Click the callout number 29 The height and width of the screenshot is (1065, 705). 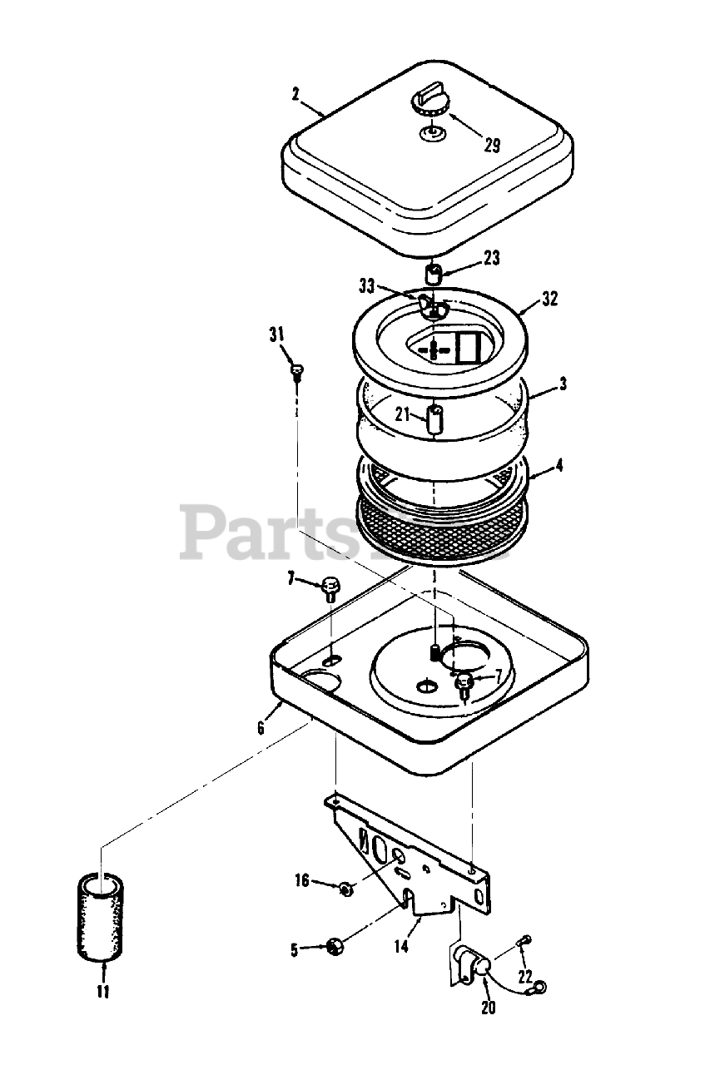(492, 146)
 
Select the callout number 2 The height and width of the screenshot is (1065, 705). (296, 93)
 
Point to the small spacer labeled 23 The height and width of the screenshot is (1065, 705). (434, 272)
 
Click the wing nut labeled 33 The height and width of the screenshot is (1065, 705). (434, 307)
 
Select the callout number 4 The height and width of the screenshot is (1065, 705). (559, 466)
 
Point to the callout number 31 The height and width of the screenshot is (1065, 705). (276, 334)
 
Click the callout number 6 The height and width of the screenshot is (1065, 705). (261, 727)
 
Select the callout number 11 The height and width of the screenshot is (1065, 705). (102, 992)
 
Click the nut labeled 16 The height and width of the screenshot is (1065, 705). (345, 889)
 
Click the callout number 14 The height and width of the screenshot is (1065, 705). (401, 946)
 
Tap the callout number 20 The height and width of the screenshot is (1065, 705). (488, 1008)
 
